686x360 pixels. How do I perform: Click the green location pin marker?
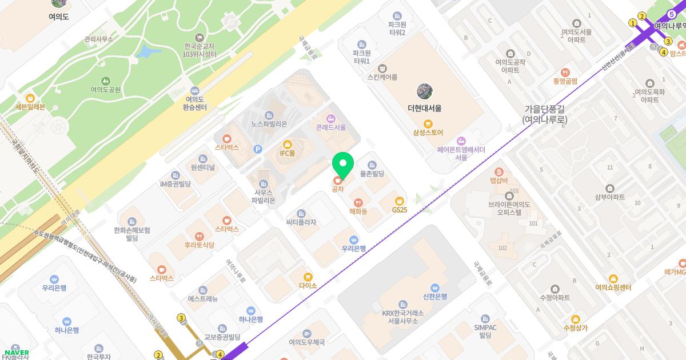(343, 165)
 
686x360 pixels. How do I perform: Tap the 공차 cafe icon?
(338, 181)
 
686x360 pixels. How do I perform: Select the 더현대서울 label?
(424, 108)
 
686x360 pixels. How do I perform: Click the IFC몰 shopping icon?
(287, 145)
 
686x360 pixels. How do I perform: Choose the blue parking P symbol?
(258, 149)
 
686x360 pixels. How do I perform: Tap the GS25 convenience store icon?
(400, 201)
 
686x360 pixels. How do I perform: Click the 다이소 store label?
(308, 285)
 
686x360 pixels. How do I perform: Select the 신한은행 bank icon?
(434, 287)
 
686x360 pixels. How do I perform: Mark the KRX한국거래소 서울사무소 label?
(402, 317)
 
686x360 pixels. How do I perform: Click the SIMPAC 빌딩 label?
(485, 330)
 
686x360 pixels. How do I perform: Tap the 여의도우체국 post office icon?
(307, 333)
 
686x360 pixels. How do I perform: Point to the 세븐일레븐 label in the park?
(30, 106)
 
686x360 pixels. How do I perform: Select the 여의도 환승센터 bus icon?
(194, 90)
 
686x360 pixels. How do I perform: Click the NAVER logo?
(17, 352)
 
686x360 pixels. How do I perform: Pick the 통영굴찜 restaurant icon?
(565, 73)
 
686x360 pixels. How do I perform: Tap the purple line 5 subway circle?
(672, 14)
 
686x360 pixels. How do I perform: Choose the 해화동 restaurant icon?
(358, 202)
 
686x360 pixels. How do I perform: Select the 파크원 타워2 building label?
(397, 29)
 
